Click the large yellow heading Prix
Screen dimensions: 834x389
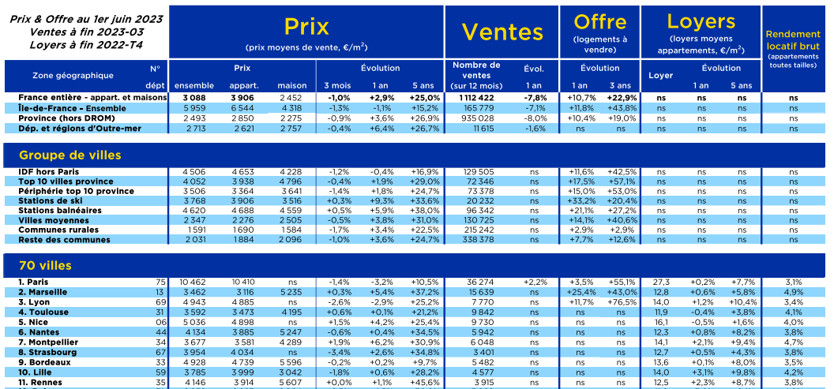point(306,27)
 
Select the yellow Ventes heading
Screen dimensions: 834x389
point(502,32)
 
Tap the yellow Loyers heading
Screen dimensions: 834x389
point(701,22)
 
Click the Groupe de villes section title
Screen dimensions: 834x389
point(70,155)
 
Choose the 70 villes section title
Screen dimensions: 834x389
point(45,266)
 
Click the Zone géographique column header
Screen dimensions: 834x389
point(73,76)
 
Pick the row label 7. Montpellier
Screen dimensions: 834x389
point(48,342)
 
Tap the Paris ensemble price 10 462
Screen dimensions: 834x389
point(197,282)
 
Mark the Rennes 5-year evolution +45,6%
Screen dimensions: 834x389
point(425,383)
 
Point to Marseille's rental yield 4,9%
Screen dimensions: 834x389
point(793,292)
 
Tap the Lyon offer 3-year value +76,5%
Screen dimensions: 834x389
point(622,302)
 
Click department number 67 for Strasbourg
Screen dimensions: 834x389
point(161,353)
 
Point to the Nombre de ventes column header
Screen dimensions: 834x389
point(476,76)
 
